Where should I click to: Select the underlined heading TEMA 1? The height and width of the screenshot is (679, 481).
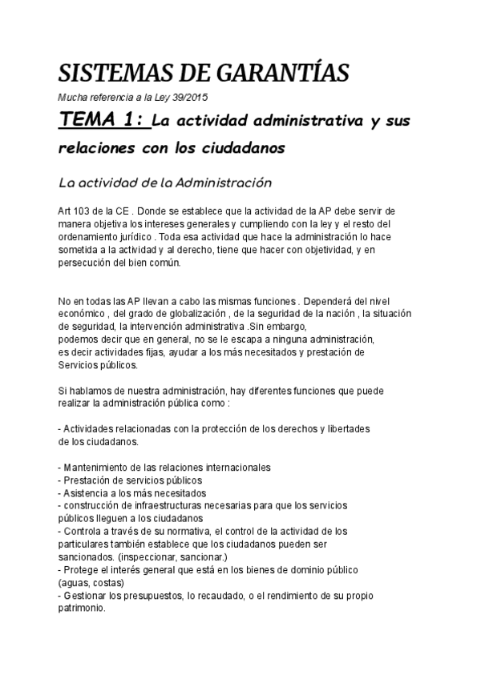103,121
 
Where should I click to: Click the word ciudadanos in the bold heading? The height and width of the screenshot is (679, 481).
240,149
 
